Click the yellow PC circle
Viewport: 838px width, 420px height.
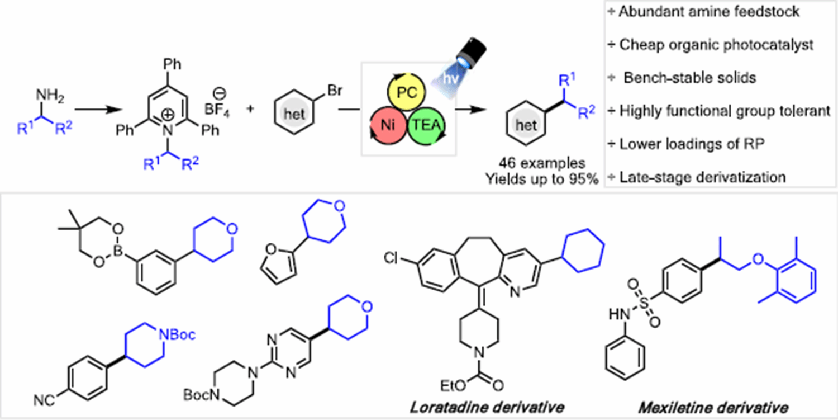[406, 92]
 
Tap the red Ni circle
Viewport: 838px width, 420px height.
[388, 125]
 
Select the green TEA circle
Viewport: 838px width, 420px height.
[427, 125]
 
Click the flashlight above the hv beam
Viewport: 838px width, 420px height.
[470, 53]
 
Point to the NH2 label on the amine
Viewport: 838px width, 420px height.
[50, 96]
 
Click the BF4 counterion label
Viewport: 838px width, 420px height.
[217, 110]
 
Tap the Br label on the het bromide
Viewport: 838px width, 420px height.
[335, 90]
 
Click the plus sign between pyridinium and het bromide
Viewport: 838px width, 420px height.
[250, 109]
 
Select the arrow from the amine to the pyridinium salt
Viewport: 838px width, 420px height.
[98, 110]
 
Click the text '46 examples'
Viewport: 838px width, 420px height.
[542, 163]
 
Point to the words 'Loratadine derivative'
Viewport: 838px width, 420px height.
[487, 407]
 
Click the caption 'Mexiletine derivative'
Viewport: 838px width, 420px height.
[713, 408]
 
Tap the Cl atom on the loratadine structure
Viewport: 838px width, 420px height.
[391, 258]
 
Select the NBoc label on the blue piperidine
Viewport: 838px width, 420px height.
[177, 334]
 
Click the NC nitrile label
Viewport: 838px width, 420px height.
[44, 400]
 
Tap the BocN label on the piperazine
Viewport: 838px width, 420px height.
[201, 395]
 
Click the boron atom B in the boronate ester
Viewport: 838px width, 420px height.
[118, 251]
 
